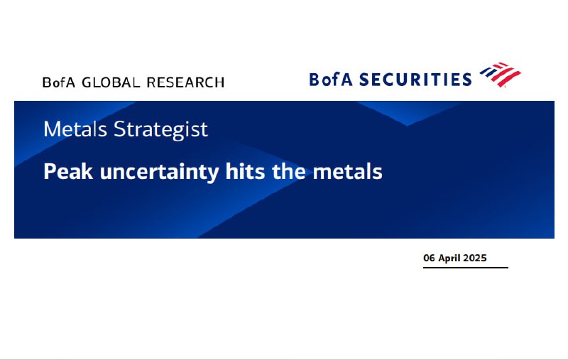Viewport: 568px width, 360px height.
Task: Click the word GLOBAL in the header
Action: click(111, 82)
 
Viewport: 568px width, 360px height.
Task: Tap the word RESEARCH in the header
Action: click(185, 82)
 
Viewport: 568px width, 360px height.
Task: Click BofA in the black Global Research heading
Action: click(59, 82)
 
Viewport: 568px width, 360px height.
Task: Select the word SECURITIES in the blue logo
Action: click(415, 80)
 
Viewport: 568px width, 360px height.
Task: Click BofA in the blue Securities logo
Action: click(331, 80)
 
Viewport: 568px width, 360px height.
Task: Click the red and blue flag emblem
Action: click(501, 75)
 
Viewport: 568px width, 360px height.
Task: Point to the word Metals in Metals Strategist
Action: click(75, 129)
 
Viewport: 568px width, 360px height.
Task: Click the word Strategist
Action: click(161, 130)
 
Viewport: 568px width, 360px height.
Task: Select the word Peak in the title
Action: click(68, 171)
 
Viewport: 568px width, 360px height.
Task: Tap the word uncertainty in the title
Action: click(159, 173)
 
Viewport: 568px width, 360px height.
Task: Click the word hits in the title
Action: click(245, 171)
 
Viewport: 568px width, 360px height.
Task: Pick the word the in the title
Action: click(289, 171)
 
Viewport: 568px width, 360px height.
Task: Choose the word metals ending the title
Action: click(347, 171)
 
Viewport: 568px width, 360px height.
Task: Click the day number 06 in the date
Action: click(429, 258)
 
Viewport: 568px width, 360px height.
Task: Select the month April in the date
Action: click(449, 258)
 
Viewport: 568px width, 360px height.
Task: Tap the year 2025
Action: click(475, 258)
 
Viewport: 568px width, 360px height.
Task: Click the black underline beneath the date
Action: click(466, 268)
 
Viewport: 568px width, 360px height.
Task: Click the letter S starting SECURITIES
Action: click(364, 80)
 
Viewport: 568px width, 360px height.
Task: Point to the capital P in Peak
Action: click(49, 171)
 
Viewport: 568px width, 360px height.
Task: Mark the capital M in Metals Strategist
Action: click(50, 129)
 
